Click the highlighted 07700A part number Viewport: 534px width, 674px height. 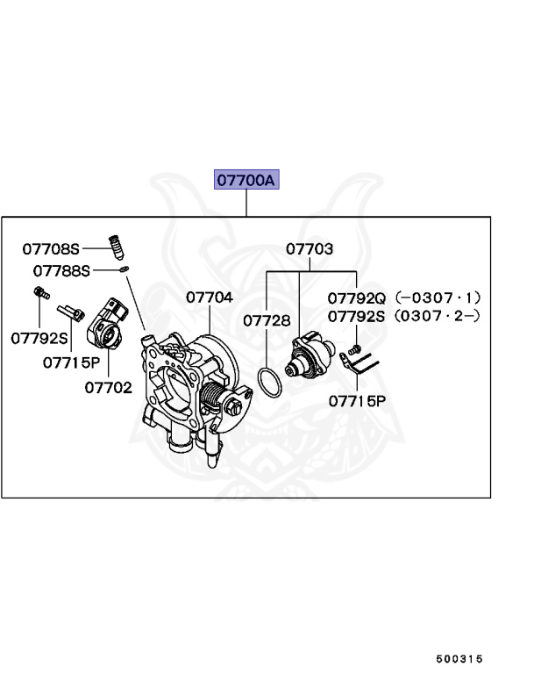246,181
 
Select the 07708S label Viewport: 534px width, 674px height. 51,249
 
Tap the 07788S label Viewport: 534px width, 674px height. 61,271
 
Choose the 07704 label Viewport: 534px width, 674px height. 210,298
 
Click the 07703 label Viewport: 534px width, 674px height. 310,249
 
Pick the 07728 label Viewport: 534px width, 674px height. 266,320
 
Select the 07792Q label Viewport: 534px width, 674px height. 357,298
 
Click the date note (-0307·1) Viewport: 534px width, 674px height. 438,298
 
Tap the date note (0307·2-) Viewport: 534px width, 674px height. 438,315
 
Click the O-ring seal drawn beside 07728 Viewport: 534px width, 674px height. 269,381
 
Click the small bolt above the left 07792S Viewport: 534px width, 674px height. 39,294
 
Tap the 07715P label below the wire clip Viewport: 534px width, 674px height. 357,402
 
